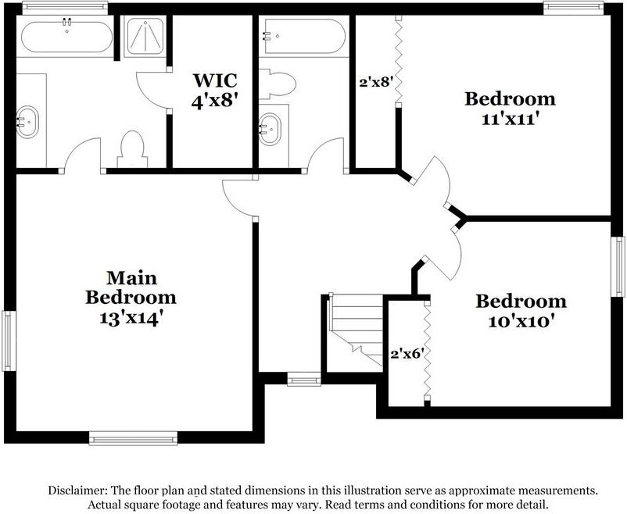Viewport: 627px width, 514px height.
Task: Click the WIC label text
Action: pos(214,80)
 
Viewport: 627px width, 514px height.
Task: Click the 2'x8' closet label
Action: pos(374,80)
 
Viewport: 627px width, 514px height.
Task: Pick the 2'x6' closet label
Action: pos(407,353)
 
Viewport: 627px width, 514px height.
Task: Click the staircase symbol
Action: pos(353,332)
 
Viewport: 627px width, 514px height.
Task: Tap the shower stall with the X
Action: pos(145,35)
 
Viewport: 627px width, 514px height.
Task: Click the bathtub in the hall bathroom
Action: pos(303,36)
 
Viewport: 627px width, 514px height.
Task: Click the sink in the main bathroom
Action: pos(27,122)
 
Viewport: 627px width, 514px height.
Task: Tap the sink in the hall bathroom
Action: pos(271,125)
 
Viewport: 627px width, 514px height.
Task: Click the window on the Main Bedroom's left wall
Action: pos(8,341)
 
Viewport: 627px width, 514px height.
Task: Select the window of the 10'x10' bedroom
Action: pos(618,266)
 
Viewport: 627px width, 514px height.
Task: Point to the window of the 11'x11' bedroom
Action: pos(573,8)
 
